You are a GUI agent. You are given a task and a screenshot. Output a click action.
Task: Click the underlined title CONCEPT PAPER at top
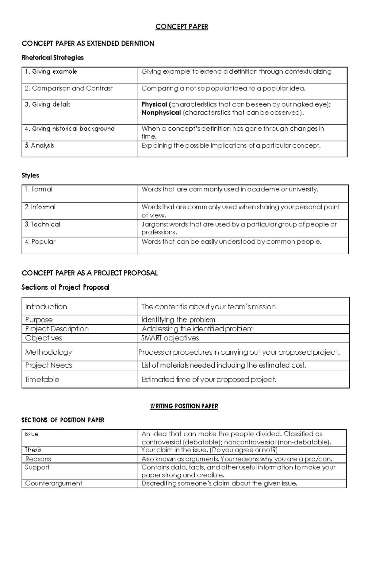pos(182,27)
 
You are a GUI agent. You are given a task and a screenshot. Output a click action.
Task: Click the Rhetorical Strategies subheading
pos(52,58)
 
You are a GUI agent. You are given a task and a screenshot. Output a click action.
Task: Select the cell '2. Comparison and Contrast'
pos(69,88)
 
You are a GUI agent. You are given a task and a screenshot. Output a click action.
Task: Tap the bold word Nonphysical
pos(161,113)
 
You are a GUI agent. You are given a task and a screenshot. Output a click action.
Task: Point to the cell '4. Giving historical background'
pos(70,129)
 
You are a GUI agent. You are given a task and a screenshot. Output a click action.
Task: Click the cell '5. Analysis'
pos(40,145)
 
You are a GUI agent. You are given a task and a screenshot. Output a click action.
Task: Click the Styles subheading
pos(30,175)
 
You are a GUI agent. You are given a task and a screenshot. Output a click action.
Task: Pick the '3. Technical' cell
pos(43,224)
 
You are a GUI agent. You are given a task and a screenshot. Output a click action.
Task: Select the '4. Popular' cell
pos(40,242)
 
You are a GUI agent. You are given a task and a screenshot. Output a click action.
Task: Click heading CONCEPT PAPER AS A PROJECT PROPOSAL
pos(90,273)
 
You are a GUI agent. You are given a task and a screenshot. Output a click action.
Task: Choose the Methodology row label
pos(48,352)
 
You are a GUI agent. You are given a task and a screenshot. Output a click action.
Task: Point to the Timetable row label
pos(42,380)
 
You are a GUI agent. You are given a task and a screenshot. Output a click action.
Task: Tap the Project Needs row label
pos(48,365)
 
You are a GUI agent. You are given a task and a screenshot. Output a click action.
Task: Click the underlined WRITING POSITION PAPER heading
pos(184,406)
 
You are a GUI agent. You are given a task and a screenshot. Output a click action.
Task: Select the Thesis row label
pos(33,450)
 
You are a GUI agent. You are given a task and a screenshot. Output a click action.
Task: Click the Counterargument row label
pos(54,484)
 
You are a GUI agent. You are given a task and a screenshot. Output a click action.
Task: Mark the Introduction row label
pos(46,307)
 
